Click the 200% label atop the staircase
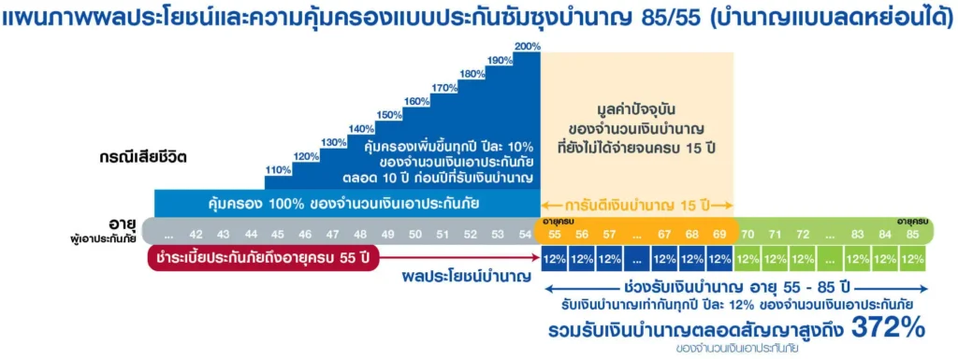tap(527, 47)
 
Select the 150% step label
tap(389, 115)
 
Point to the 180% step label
tap(472, 74)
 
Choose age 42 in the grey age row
tap(196, 235)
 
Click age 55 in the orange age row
tap(555, 235)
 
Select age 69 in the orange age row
tap(719, 235)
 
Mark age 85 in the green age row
tap(912, 235)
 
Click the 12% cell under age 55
tap(555, 258)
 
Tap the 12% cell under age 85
tap(912, 258)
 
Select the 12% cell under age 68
tap(692, 258)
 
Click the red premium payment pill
tap(263, 258)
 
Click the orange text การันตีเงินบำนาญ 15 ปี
tap(636, 204)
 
